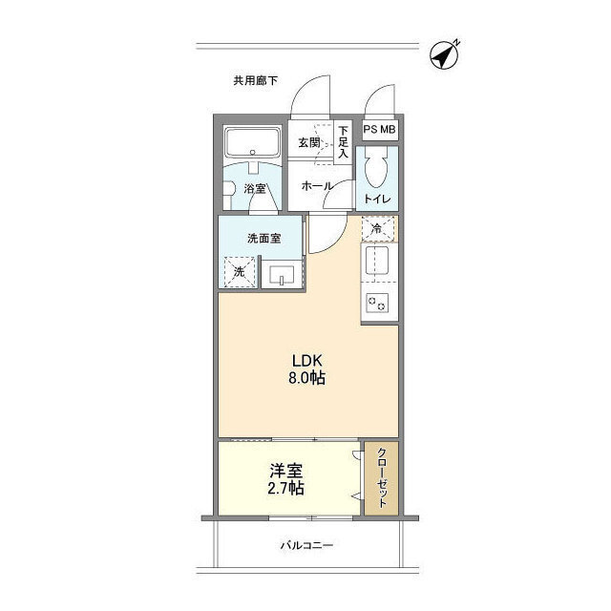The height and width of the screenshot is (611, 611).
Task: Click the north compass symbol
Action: (445, 55)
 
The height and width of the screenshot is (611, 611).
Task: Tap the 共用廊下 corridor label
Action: (255, 80)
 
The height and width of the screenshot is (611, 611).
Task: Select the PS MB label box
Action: (379, 129)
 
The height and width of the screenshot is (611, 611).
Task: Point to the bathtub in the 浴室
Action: (252, 142)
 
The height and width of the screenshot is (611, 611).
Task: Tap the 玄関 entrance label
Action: (309, 142)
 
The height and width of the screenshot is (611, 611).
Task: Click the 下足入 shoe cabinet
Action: (343, 142)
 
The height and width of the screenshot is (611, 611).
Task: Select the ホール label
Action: (317, 186)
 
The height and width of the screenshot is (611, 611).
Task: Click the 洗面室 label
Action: (264, 238)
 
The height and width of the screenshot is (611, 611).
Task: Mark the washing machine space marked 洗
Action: (240, 272)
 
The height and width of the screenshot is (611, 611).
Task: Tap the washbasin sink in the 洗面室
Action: (283, 274)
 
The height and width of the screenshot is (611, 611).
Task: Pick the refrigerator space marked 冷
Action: (377, 229)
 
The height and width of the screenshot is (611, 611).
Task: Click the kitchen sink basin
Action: (377, 261)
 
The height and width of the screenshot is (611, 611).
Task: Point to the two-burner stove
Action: (377, 303)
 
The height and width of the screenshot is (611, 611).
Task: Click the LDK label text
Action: (307, 361)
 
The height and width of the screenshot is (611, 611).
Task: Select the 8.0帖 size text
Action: (307, 378)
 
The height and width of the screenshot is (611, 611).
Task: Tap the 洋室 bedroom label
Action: (286, 471)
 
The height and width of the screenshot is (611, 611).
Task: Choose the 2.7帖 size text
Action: (286, 488)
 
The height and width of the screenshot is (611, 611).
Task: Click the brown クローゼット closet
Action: (382, 478)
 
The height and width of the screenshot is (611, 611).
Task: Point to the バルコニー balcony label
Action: (307, 545)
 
